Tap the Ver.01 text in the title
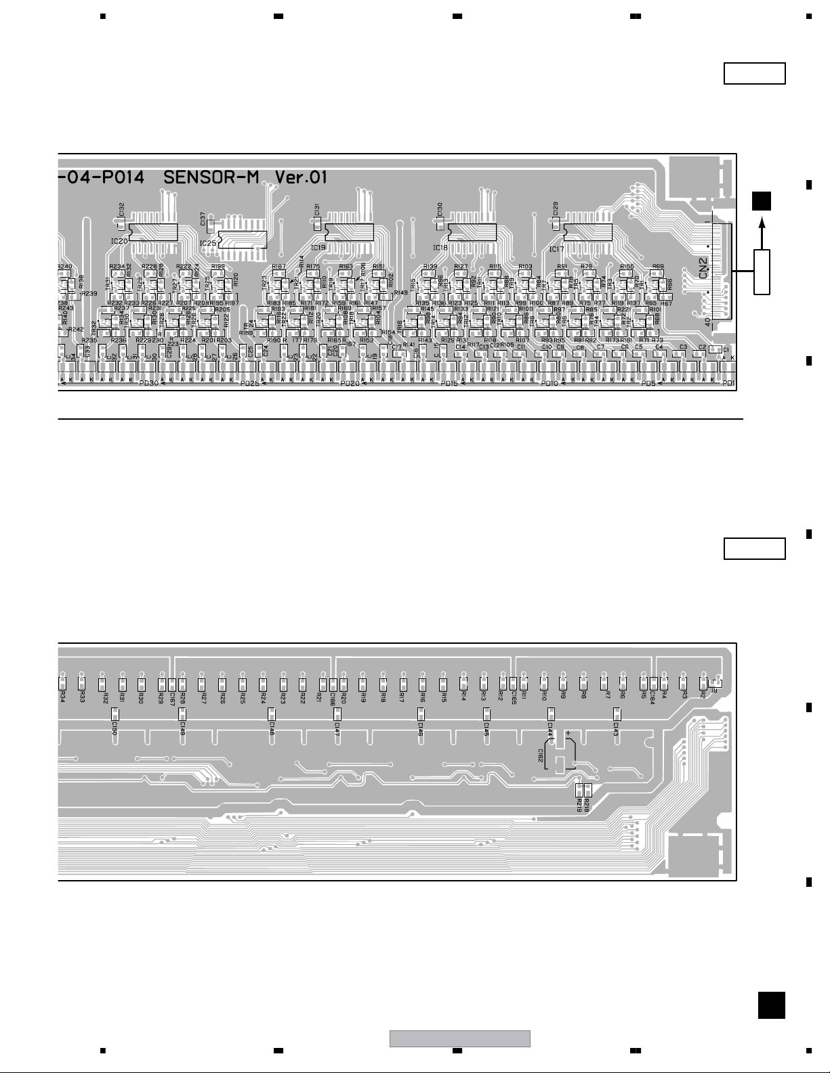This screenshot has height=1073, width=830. pyautogui.click(x=301, y=177)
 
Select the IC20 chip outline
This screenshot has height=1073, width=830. pyautogui.click(x=152, y=232)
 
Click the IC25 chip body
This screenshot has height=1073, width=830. pyautogui.click(x=241, y=240)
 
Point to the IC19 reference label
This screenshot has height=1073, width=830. pyautogui.click(x=318, y=248)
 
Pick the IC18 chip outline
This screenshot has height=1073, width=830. pyautogui.click(x=473, y=232)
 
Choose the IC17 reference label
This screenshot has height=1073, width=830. pyautogui.click(x=556, y=248)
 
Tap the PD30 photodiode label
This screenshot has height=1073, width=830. pyautogui.click(x=148, y=383)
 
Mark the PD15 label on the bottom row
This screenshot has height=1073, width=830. pyautogui.click(x=449, y=383)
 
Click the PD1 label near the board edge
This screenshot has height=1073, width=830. pyautogui.click(x=728, y=383)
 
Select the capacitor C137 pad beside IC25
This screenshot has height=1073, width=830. pyautogui.click(x=210, y=225)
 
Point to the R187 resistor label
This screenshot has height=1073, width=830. pyautogui.click(x=278, y=267)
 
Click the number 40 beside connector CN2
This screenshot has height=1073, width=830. pyautogui.click(x=708, y=322)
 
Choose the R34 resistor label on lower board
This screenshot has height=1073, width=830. pyautogui.click(x=62, y=695)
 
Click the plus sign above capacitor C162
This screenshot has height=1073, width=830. pyautogui.click(x=568, y=733)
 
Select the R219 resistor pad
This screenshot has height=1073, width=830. pyautogui.click(x=579, y=789)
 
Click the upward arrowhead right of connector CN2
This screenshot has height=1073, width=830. pyautogui.click(x=762, y=222)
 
